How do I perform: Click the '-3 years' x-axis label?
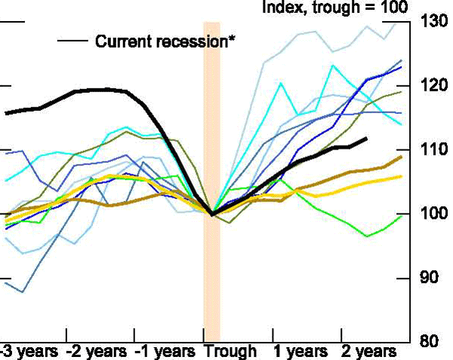tap(26, 352)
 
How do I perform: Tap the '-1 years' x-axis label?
tap(164, 352)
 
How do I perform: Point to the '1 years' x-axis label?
tap(299, 352)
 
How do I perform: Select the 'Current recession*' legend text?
tap(165, 41)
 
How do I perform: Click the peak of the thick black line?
tap(102, 90)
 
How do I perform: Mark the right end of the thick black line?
tap(367, 139)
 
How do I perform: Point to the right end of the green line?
tap(401, 215)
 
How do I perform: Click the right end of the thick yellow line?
tap(401, 177)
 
